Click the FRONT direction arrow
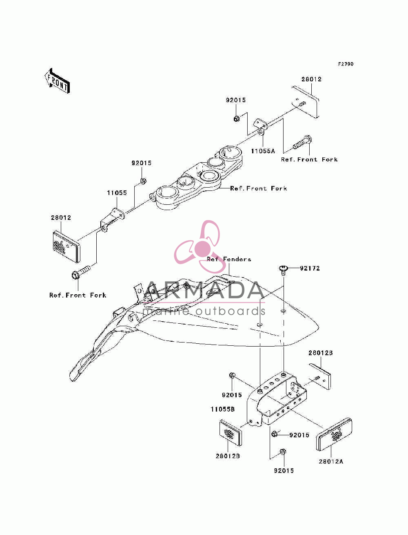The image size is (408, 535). click(57, 81)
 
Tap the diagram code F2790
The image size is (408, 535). click(345, 64)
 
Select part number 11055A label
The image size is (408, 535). click(263, 151)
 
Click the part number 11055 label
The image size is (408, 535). click(117, 193)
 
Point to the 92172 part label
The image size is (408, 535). click(309, 269)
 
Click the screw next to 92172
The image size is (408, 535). click(283, 270)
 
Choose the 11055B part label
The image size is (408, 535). click(223, 409)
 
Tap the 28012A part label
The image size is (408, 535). click(331, 461)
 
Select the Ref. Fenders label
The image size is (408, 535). click(229, 259)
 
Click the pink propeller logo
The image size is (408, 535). click(197, 246)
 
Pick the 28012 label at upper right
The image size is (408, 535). click(311, 79)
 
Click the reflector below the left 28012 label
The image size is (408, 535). click(67, 247)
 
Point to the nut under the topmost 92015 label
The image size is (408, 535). click(236, 119)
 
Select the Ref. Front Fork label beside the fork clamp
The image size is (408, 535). click(258, 188)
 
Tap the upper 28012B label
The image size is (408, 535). click(320, 353)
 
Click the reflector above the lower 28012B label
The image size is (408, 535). click(231, 433)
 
